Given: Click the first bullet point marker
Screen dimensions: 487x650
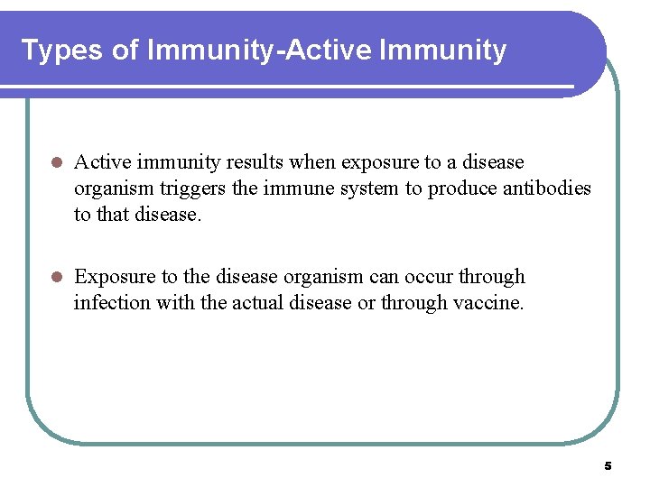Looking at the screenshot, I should pos(55,163).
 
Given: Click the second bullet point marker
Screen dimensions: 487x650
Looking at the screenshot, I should pos(55,278).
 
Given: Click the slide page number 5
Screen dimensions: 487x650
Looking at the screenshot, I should pos(608,466).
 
